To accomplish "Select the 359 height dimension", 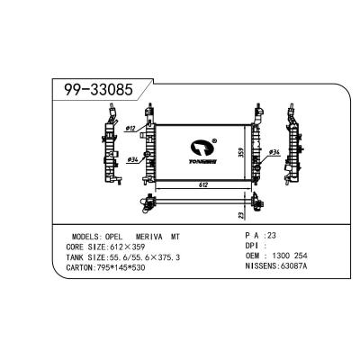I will [x=240, y=152].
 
